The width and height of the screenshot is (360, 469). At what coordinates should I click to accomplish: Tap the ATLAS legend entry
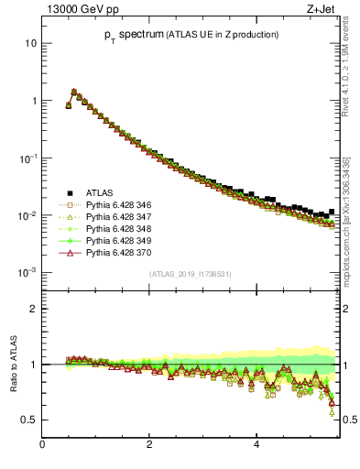(99, 192)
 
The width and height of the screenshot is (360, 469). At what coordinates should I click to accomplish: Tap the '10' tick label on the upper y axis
(31, 43)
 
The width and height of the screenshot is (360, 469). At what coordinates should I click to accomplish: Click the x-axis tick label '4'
(256, 445)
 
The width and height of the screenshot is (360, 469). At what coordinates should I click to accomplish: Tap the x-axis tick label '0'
(42, 445)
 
